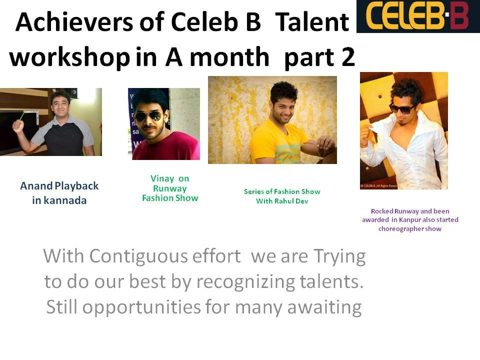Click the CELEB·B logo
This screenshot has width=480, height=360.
(418, 16)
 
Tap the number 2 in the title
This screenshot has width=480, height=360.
(348, 57)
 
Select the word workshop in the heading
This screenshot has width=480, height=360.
(69, 57)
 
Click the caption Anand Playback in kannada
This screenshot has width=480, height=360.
(59, 193)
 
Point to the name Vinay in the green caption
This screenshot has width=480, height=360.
(162, 178)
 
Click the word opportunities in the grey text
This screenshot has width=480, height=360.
(141, 307)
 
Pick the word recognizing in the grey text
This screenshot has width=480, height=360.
(246, 282)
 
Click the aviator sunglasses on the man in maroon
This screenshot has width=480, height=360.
(148, 116)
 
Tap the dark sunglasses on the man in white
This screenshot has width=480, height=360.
(401, 108)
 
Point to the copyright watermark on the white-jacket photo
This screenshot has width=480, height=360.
(378, 186)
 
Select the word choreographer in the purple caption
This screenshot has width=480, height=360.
(401, 229)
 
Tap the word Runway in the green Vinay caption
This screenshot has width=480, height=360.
(170, 188)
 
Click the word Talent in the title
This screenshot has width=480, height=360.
(312, 22)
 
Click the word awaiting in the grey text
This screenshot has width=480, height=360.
(324, 307)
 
